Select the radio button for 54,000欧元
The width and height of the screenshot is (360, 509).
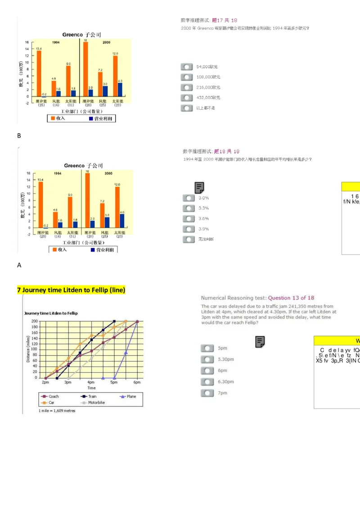coord(187,67)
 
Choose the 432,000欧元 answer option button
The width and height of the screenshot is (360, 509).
coord(187,98)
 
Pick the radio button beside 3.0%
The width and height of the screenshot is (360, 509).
coord(189,198)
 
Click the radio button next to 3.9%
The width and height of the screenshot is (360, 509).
coord(189,229)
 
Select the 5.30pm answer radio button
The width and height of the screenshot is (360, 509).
coord(207,359)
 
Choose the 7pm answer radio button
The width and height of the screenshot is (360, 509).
coord(207,393)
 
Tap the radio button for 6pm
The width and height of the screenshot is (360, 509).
coord(207,371)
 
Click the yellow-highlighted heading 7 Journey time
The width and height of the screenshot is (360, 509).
coord(71,290)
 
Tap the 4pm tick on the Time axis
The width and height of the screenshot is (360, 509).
coord(91,382)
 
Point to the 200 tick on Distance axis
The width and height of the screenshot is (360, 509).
coord(35,321)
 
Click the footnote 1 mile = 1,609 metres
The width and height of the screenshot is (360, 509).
coord(57,411)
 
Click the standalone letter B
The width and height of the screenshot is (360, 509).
coord(19,136)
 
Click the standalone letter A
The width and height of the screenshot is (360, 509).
coord(19,265)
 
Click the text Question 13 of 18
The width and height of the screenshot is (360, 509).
coord(291,298)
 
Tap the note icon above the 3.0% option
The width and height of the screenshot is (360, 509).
coord(199,188)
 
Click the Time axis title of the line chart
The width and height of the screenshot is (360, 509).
coord(91,388)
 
